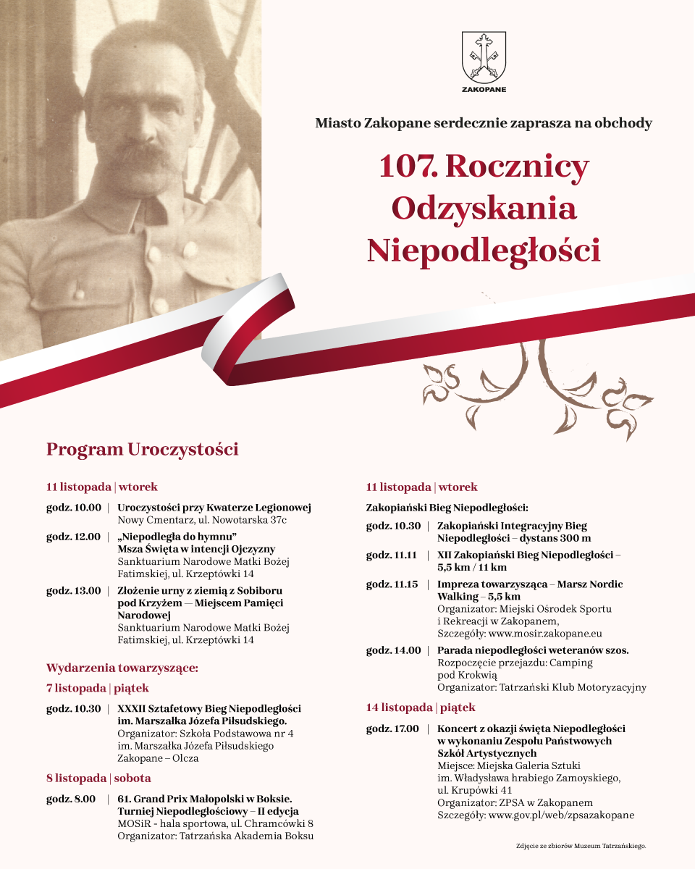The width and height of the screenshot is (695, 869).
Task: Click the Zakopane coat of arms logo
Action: click(484, 58)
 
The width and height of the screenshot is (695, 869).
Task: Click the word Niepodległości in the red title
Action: click(484, 251)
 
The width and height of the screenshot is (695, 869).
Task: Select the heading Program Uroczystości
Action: click(142, 450)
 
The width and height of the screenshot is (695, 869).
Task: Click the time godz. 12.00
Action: click(74, 537)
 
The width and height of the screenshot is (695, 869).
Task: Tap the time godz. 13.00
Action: click(74, 590)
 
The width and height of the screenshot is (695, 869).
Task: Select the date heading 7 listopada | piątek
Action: click(98, 688)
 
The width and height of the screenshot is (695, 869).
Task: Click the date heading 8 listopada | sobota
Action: click(98, 778)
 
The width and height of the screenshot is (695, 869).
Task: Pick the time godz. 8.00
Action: click(71, 799)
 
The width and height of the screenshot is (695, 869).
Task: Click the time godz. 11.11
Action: click(391, 555)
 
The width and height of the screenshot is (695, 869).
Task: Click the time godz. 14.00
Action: click(393, 650)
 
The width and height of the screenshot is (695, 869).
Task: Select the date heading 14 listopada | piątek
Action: click(421, 708)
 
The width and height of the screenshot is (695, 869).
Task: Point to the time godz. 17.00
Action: click(392, 728)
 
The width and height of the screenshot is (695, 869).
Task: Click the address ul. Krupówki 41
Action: click(475, 790)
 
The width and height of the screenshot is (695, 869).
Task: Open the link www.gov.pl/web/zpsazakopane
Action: click(562, 815)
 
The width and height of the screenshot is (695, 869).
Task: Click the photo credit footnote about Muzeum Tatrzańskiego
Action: click(580, 845)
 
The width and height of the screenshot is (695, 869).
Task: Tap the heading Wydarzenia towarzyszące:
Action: click(122, 667)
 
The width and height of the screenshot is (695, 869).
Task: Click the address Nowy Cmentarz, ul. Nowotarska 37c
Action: click(202, 520)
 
